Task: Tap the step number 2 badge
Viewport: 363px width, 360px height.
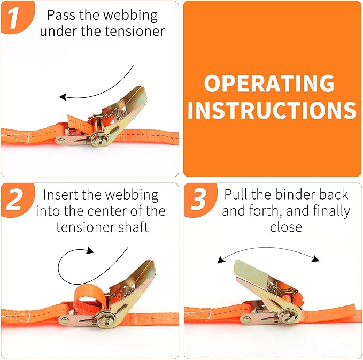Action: pyautogui.click(x=15, y=200)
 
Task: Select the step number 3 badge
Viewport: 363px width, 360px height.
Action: pyautogui.click(x=198, y=200)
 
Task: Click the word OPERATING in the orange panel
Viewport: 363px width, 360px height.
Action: pyautogui.click(x=269, y=84)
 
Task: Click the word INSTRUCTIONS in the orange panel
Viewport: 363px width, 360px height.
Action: pyautogui.click(x=272, y=110)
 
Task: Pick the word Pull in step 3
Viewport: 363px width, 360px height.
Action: pyautogui.click(x=235, y=194)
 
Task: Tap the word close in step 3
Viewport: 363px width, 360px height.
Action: pyautogui.click(x=285, y=227)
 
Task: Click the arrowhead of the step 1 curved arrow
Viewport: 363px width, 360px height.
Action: pyautogui.click(x=63, y=97)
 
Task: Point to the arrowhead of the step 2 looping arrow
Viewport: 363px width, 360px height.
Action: pyautogui.click(x=90, y=250)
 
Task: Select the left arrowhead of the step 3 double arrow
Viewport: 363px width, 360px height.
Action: pyautogui.click(x=220, y=260)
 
